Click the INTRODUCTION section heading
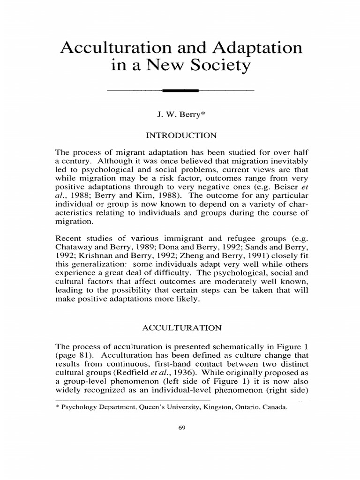[181, 135]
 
